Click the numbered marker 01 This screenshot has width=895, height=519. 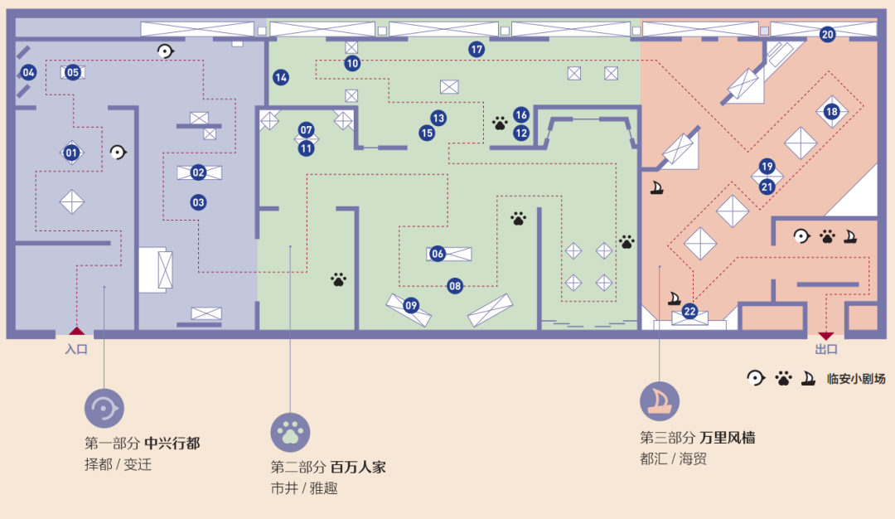tap(71, 153)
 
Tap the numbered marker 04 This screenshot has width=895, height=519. tap(28, 72)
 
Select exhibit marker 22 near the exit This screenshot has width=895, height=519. tap(690, 313)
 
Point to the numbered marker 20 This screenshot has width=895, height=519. tap(828, 35)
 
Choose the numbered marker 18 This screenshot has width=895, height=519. tap(831, 111)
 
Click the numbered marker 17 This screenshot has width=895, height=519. tap(477, 50)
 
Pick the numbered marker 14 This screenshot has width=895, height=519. tap(281, 78)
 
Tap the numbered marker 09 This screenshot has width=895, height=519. tap(411, 305)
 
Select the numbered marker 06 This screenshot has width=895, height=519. tap(438, 254)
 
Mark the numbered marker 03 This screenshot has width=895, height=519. tap(198, 202)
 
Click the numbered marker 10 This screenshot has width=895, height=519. tap(352, 63)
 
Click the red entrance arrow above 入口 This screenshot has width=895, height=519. tap(76, 331)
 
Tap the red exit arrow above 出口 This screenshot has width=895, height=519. tap(825, 336)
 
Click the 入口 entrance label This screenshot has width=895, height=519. tap(76, 349)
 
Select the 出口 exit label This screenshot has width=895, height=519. tap(826, 350)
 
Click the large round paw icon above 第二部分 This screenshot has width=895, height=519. tap(290, 432)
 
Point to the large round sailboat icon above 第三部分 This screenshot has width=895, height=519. tap(660, 401)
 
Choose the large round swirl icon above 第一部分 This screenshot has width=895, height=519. tap(104, 409)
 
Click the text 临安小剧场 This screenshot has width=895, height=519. tap(855, 379)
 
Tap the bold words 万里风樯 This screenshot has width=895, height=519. tap(727, 438)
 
